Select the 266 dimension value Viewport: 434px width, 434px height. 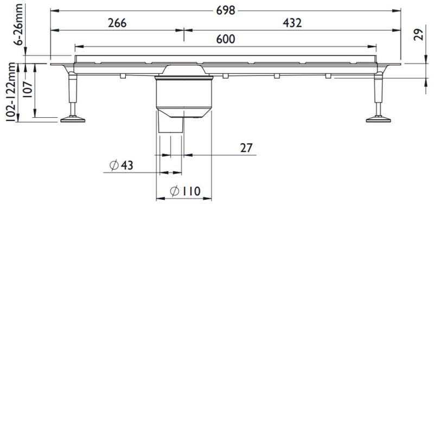point(117,23)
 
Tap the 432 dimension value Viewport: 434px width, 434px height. point(292,23)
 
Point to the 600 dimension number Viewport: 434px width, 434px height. point(226,39)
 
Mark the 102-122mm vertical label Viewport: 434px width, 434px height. point(10,93)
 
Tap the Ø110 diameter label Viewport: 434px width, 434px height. point(184,192)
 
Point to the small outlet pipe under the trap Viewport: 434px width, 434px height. point(170,126)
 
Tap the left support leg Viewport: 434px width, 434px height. point(71,92)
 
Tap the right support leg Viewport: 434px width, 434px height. point(379,92)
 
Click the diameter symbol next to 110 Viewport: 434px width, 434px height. point(175,192)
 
